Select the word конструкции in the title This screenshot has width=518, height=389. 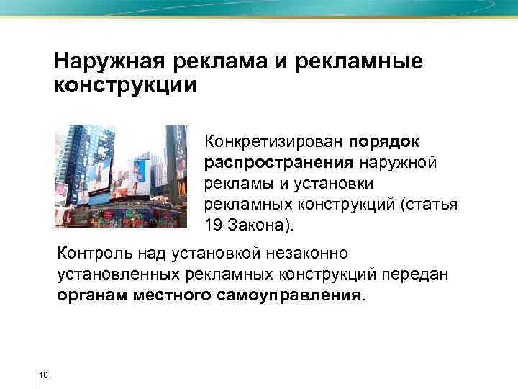(x=124, y=86)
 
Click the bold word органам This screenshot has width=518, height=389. (x=92, y=296)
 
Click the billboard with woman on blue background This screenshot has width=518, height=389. (x=139, y=171)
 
